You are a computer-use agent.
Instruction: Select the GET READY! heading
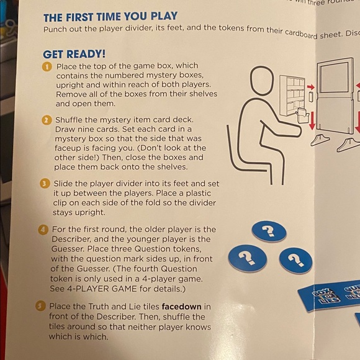click(x=74, y=55)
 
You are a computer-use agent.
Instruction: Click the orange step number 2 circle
click(x=46, y=120)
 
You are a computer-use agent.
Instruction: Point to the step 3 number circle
click(x=45, y=184)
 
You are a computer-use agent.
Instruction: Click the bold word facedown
click(x=182, y=307)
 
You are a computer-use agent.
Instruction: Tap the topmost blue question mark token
click(x=268, y=232)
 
